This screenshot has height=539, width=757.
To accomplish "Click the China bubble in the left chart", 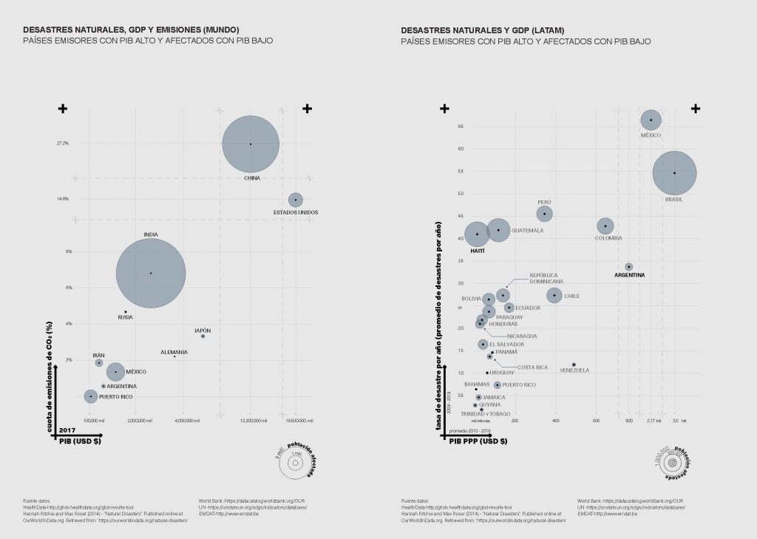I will (x=251, y=144).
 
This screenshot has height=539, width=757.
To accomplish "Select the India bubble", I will (x=151, y=273).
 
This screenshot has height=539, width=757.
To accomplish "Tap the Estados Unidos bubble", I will (x=295, y=200).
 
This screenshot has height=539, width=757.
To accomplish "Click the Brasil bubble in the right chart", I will (x=674, y=173).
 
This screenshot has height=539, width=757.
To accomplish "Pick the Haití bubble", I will (x=478, y=234).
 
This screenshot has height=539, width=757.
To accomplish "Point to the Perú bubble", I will (x=545, y=214).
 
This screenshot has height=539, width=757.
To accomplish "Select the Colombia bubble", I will (x=605, y=226).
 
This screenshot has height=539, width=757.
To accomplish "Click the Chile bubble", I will (x=554, y=295).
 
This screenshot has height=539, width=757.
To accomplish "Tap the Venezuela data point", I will (x=574, y=365).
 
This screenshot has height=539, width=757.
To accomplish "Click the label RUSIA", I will (x=126, y=318).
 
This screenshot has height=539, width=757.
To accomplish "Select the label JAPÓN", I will (x=203, y=330).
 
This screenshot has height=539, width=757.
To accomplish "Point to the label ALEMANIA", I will (x=174, y=352).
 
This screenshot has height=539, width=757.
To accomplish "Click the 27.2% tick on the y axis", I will (x=63, y=143).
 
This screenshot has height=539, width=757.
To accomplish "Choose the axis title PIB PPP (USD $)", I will (x=478, y=441).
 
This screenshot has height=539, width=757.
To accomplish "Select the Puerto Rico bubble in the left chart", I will (x=91, y=396).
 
